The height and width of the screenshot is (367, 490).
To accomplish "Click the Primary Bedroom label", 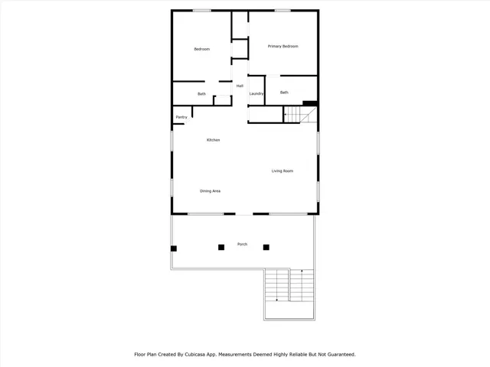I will pyautogui.click(x=283, y=47).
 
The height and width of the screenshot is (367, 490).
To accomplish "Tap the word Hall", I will pyautogui.click(x=240, y=86).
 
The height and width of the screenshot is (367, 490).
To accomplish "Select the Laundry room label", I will pyautogui.click(x=256, y=94).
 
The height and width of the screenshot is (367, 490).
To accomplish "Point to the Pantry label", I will pyautogui.click(x=181, y=117).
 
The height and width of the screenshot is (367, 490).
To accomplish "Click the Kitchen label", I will pyautogui.click(x=214, y=140).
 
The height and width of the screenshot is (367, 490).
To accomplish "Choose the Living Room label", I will pyautogui.click(x=283, y=171).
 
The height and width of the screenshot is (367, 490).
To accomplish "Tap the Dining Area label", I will pyautogui.click(x=211, y=190).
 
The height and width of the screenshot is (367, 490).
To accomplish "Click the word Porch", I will pyautogui.click(x=242, y=244).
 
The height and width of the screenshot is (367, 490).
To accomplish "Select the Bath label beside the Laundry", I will pyautogui.click(x=284, y=93).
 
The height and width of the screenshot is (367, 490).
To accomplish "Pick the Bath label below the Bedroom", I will pyautogui.click(x=201, y=94).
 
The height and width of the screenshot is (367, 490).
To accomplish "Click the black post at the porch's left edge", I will pyautogui.click(x=174, y=248).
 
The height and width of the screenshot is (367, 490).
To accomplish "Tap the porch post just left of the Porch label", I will pyautogui.click(x=221, y=247).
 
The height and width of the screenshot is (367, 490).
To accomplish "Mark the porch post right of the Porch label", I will pyautogui.click(x=266, y=247).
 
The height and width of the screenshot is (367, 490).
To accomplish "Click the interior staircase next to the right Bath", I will pyautogui.click(x=299, y=115).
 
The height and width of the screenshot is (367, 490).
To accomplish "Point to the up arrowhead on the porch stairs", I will pyautogui.click(x=302, y=271).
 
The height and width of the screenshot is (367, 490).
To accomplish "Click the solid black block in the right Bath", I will pyautogui.click(x=310, y=103).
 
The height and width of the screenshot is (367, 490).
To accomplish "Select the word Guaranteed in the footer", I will pyautogui.click(x=338, y=354).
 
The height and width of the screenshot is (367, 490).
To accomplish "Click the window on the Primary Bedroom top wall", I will pyautogui.click(x=283, y=10).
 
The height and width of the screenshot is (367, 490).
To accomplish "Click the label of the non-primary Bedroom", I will pyautogui.click(x=201, y=49).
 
